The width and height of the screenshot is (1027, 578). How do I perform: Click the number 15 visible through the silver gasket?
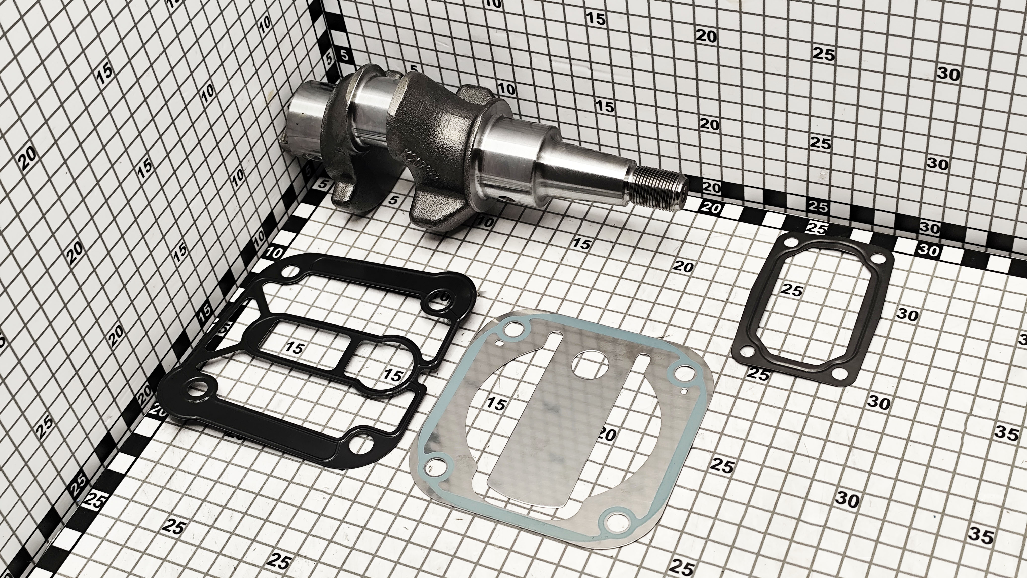[x=496, y=404]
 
